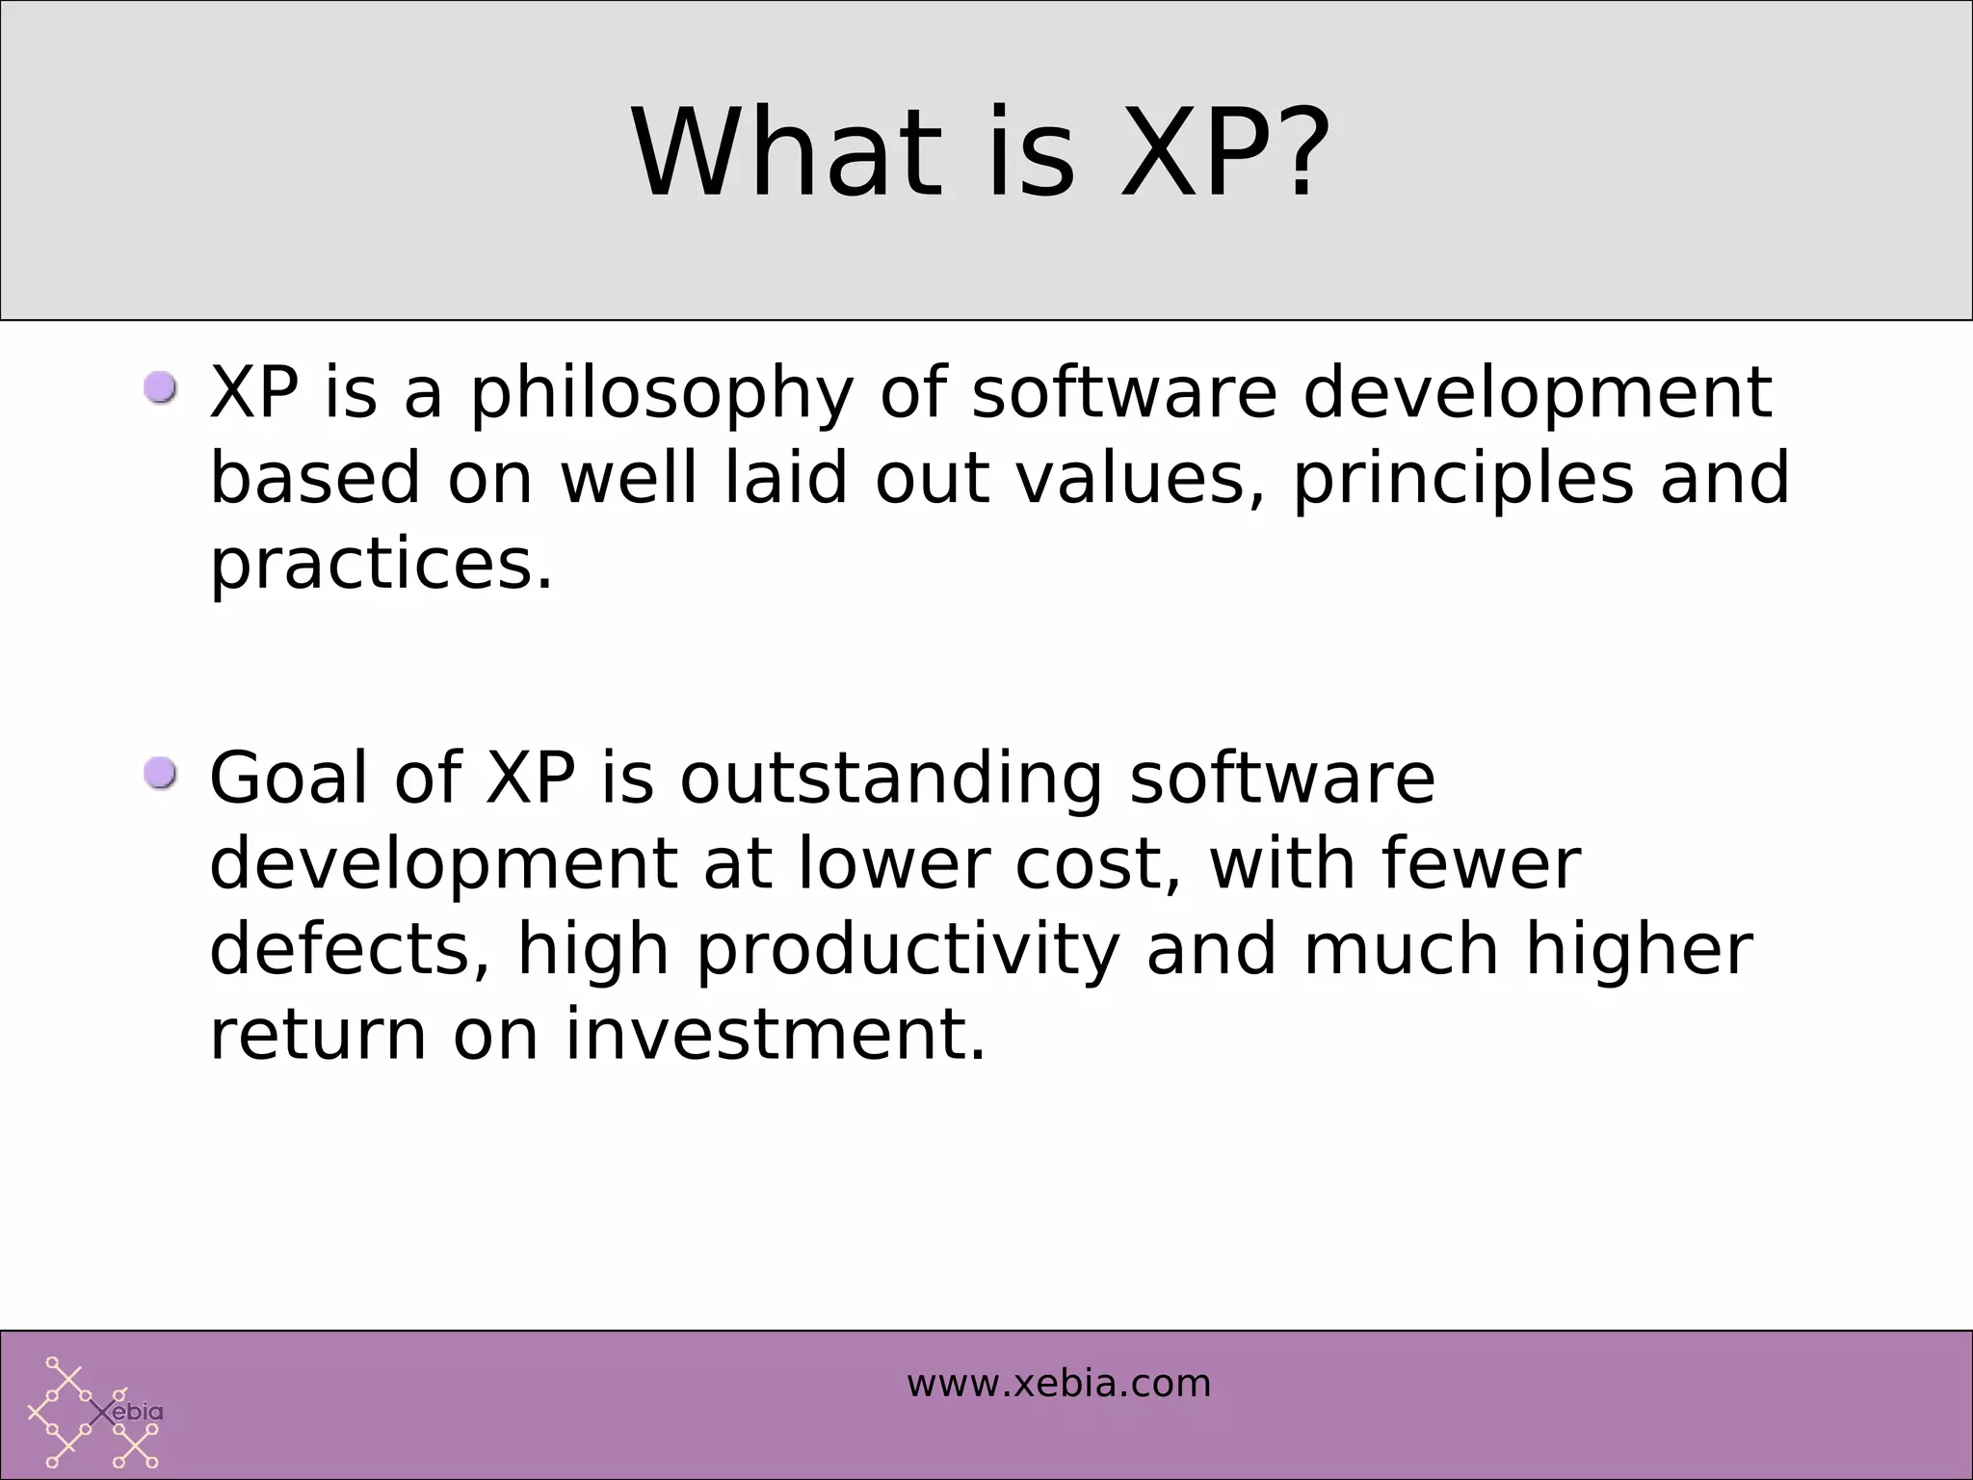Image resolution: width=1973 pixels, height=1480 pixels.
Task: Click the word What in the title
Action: coord(785,154)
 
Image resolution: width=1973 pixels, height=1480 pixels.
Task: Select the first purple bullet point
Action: coord(161,389)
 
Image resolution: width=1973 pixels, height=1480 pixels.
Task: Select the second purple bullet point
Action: coord(161,774)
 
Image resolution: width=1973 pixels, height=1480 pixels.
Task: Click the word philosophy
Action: coord(662,395)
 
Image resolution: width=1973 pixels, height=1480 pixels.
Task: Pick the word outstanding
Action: coord(891,780)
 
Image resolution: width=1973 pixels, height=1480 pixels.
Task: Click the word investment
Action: coord(776,1035)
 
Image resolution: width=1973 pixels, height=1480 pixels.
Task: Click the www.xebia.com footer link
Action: coord(1058,1384)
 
